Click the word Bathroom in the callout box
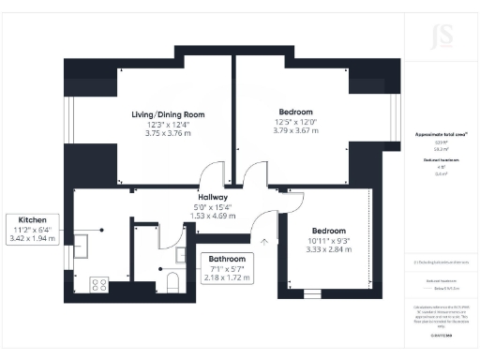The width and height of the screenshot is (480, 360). click(x=227, y=258)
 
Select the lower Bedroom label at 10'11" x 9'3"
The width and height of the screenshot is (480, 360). click(x=328, y=232)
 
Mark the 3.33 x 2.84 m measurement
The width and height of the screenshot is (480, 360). click(x=328, y=249)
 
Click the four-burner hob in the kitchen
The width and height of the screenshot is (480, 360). click(x=97, y=283)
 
